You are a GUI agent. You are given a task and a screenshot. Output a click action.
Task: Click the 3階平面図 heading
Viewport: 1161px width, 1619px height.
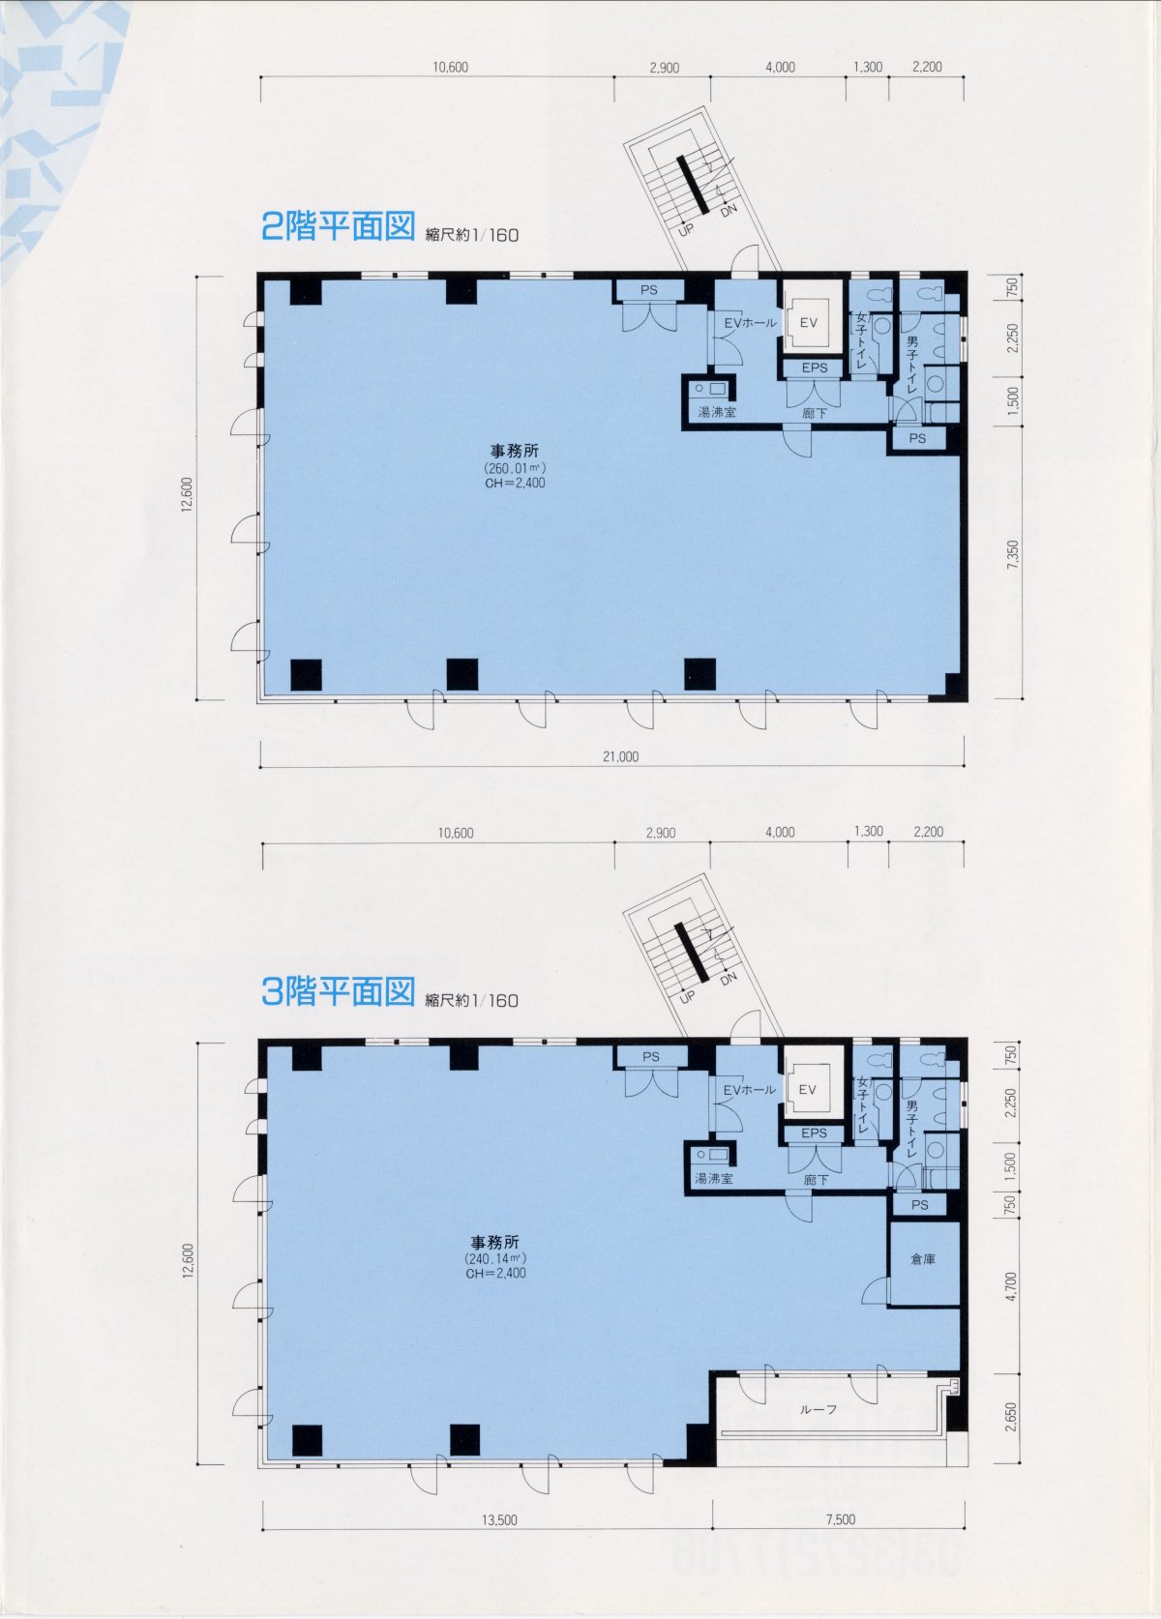[x=338, y=991]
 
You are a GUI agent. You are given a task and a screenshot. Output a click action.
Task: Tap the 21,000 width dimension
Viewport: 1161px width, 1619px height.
[x=621, y=756]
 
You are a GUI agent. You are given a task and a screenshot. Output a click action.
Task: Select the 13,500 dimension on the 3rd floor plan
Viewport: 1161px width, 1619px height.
[x=499, y=1520]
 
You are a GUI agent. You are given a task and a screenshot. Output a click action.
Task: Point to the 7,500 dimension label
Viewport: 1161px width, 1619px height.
[x=841, y=1519]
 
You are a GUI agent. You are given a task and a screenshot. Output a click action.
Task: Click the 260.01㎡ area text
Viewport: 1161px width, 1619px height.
[x=515, y=468]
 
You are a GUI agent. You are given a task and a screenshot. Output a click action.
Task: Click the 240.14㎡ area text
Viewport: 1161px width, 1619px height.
[x=495, y=1258]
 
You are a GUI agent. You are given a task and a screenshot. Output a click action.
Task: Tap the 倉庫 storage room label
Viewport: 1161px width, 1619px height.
[x=923, y=1259]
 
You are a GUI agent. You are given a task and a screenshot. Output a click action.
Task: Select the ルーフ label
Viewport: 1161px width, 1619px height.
[x=819, y=1409]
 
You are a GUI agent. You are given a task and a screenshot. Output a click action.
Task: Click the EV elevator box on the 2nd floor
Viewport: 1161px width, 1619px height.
[x=808, y=322]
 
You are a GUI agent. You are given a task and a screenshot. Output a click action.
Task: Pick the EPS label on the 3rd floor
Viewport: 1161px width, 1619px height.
[x=814, y=1133]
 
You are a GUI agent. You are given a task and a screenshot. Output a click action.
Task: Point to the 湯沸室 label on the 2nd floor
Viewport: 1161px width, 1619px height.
[x=716, y=413]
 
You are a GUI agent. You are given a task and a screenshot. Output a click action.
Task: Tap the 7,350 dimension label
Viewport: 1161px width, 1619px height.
[x=1013, y=555]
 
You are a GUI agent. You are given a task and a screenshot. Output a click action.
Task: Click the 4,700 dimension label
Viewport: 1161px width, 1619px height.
[x=1011, y=1286]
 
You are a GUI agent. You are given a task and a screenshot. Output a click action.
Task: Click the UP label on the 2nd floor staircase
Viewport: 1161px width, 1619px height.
[x=685, y=230]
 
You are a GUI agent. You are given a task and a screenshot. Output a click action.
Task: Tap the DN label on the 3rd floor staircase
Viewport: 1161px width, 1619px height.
[x=729, y=978]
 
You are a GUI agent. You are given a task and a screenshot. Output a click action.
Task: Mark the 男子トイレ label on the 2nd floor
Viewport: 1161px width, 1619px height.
[x=912, y=365]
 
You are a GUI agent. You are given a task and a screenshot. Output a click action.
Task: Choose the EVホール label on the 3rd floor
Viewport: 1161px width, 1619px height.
[x=750, y=1089]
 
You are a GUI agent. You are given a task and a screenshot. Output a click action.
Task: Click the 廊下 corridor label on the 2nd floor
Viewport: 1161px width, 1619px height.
[x=815, y=413]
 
